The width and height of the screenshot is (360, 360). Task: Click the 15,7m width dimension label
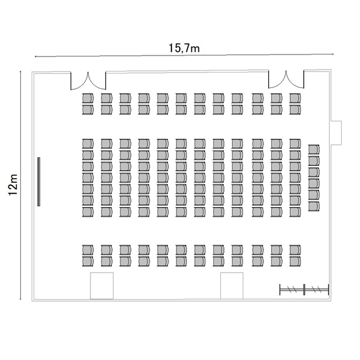[184, 48]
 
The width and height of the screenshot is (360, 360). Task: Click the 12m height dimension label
[13, 185]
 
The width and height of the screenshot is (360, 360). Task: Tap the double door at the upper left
[88, 81]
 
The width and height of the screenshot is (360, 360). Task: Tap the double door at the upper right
[286, 80]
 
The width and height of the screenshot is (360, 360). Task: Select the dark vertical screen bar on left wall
[39, 181]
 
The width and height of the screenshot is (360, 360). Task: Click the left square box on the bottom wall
[102, 286]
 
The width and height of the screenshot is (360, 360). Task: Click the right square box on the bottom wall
[232, 286]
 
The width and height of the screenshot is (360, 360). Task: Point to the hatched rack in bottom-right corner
[304, 289]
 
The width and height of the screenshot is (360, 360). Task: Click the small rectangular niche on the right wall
[336, 132]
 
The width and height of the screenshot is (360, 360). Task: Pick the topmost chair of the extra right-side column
[314, 149]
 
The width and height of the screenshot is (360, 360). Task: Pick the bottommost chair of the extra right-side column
[314, 206]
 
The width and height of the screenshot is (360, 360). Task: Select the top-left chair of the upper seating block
[88, 98]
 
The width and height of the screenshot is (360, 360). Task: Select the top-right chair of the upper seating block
[295, 98]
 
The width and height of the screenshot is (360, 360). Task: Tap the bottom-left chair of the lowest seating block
[88, 262]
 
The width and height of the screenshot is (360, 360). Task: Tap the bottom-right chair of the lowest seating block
[295, 262]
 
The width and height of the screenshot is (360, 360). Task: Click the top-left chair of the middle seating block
[88, 144]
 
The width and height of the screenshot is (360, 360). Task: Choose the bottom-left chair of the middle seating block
[88, 212]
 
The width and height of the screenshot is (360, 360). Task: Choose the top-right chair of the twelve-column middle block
[295, 144]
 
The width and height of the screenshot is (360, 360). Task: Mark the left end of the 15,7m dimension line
[35, 56]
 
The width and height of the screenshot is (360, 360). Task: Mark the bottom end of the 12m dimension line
[21, 299]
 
